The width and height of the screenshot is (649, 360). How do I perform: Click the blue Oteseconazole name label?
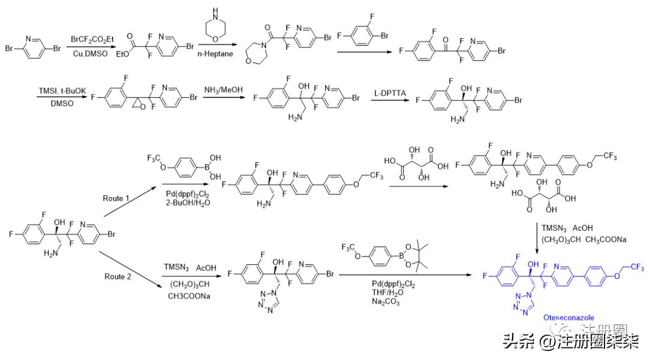coord(568,317)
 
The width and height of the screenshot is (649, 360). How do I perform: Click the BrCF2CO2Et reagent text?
coord(92,40)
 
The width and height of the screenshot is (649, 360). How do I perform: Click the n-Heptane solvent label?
coord(215,55)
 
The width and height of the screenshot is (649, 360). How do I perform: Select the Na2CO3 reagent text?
coord(403,302)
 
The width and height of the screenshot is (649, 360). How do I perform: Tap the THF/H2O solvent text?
coord(403,293)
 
